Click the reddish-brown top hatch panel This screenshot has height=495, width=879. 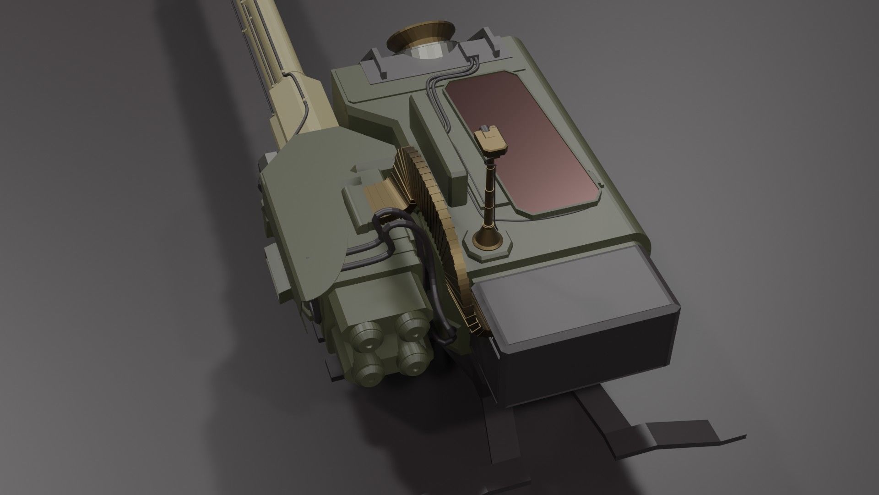(x=522, y=142)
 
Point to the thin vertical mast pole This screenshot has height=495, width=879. (x=489, y=192)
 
